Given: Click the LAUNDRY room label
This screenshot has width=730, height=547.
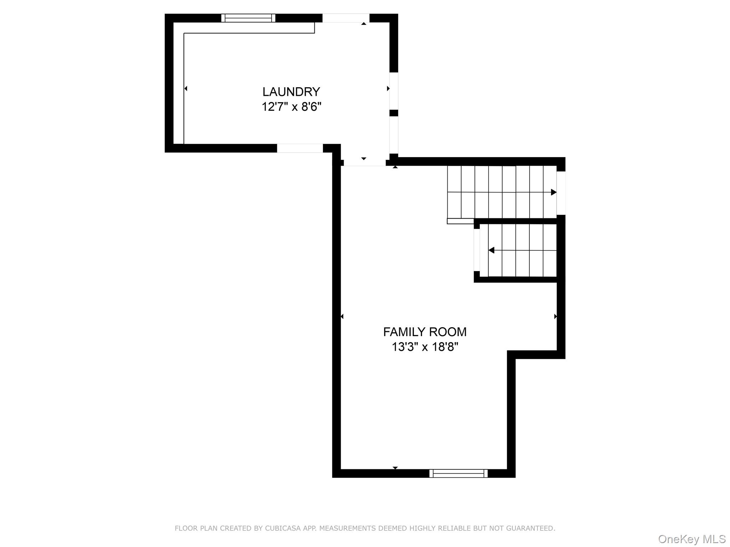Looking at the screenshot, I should (x=291, y=92).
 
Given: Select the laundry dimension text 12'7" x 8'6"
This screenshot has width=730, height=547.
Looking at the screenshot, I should (x=291, y=106).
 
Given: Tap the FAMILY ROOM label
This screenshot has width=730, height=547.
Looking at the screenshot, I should (x=425, y=332).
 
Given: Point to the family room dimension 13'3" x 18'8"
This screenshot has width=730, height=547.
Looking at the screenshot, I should (x=425, y=347).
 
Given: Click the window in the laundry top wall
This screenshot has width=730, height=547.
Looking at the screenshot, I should (x=248, y=18).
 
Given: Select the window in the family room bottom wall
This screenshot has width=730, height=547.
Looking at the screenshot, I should (x=458, y=473).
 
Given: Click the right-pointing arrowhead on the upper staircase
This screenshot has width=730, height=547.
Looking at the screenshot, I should (x=554, y=192).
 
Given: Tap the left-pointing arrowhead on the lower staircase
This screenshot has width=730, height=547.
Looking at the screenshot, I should (x=492, y=250).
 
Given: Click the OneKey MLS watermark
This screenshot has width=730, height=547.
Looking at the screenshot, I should (x=692, y=539).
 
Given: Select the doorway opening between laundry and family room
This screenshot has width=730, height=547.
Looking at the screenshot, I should (x=365, y=162).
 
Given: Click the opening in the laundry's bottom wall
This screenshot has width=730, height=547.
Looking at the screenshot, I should (x=300, y=148).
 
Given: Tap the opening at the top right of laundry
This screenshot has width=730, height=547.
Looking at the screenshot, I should (x=346, y=18).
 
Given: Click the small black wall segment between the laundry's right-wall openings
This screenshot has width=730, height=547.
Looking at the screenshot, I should (x=394, y=113).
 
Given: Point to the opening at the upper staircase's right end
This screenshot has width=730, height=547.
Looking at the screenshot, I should (x=561, y=193).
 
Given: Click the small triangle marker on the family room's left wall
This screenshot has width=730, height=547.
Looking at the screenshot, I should (x=342, y=316).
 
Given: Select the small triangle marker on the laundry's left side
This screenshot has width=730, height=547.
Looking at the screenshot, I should (x=186, y=88).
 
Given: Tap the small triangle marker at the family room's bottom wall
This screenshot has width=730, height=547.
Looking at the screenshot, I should (x=395, y=468).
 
